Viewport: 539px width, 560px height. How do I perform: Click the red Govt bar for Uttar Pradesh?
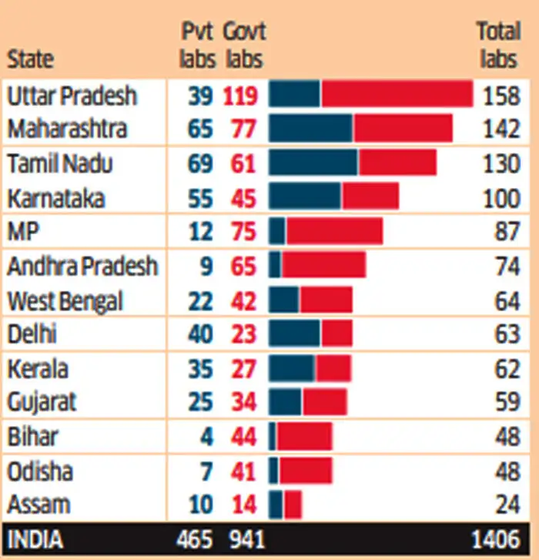[397, 94]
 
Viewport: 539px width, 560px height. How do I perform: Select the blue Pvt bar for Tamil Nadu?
[313, 163]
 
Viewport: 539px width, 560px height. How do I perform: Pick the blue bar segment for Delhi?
[294, 334]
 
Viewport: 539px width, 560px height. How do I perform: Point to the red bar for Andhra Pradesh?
[323, 265]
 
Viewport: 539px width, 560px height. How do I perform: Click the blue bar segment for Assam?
[276, 505]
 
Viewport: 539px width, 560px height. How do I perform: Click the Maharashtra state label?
[67, 128]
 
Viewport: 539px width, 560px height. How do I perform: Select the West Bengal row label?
[65, 300]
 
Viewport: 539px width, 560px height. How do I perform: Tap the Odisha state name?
[40, 471]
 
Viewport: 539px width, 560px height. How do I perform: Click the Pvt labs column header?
[198, 45]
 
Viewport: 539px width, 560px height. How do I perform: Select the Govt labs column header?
[243, 45]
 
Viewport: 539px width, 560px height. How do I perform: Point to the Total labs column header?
[498, 45]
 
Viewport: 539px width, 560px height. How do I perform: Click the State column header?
[31, 59]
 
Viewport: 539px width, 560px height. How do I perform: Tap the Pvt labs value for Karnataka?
[199, 197]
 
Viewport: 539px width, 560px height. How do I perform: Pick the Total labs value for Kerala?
[507, 368]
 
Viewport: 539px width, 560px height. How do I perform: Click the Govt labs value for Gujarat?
[243, 402]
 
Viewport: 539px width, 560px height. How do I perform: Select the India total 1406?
[497, 538]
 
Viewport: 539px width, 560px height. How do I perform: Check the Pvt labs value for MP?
[202, 231]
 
